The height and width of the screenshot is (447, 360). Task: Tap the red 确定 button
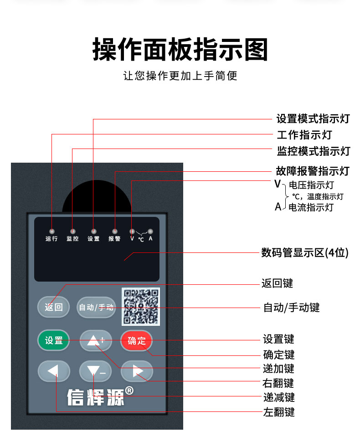(137, 340)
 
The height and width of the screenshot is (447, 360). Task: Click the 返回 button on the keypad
(53, 307)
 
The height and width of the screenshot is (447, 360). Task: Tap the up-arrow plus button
(96, 340)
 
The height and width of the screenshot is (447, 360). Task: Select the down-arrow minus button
(95, 371)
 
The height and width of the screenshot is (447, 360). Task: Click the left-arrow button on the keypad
(54, 371)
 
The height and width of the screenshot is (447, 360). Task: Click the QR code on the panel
(140, 307)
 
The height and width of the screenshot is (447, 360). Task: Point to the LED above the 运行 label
(51, 231)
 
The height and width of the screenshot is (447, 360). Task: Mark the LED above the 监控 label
(73, 231)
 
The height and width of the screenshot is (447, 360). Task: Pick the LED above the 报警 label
(114, 231)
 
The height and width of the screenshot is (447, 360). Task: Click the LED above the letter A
(150, 231)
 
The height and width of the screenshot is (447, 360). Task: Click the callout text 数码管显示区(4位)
(305, 252)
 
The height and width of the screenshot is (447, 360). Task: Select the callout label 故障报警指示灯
(313, 171)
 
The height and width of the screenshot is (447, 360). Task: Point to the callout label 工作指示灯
(304, 135)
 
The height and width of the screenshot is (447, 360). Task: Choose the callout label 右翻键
(278, 383)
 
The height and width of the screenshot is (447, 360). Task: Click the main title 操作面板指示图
(180, 50)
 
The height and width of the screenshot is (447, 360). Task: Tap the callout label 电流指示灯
(311, 207)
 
